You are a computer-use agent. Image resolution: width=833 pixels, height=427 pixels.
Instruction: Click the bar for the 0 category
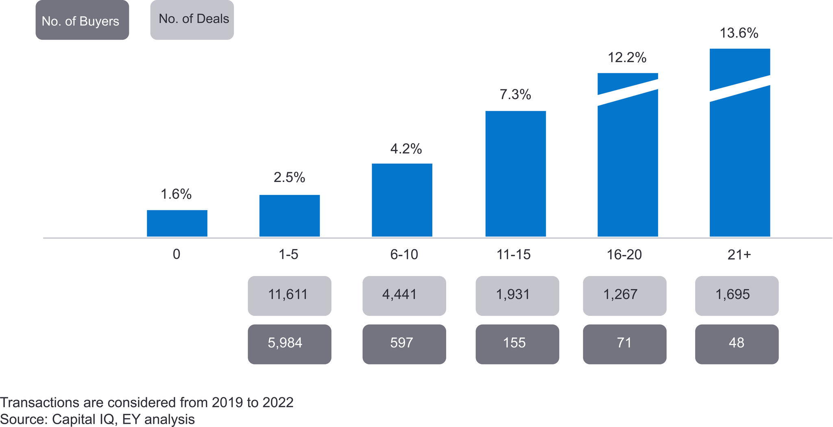[x=177, y=223]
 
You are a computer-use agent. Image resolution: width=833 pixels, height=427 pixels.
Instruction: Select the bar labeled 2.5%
[x=290, y=216]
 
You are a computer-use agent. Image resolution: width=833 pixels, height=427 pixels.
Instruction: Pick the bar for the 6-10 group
[x=402, y=200]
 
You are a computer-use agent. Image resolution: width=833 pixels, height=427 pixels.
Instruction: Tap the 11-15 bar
[x=515, y=173]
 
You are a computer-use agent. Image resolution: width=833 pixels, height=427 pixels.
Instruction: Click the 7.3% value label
[x=515, y=95]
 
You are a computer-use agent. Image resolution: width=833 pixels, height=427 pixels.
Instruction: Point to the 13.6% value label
[x=739, y=33]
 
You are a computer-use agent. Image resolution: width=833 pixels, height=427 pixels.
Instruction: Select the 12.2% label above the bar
[x=627, y=58]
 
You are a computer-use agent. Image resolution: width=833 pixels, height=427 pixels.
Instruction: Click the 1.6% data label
[x=176, y=194]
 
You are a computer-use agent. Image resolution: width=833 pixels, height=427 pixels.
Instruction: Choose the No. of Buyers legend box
[x=82, y=20]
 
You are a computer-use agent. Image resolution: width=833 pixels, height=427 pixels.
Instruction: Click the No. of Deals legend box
[x=192, y=20]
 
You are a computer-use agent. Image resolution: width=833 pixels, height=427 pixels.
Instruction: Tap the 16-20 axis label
[x=624, y=255]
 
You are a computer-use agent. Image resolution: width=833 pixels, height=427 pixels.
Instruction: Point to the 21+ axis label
[x=739, y=255]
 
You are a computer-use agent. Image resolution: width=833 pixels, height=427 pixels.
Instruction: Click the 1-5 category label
[x=288, y=255]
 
